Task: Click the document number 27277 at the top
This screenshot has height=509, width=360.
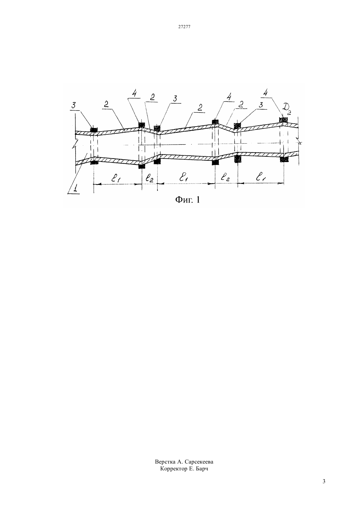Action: (184, 27)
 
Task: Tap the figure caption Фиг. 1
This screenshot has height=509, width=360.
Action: (188, 200)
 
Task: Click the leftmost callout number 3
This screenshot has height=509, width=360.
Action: (73, 105)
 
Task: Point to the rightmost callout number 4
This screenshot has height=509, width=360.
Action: (265, 93)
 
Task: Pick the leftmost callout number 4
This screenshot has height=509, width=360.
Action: (135, 93)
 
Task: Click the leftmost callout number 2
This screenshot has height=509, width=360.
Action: (106, 104)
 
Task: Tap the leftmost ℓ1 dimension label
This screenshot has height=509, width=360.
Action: (116, 178)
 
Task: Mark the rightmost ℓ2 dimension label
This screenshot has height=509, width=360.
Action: (225, 177)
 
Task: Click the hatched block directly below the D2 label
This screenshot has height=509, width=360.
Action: (284, 119)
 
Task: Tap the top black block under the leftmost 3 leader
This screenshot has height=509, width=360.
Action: (94, 130)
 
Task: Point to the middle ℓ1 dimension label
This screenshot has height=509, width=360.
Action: (183, 178)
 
